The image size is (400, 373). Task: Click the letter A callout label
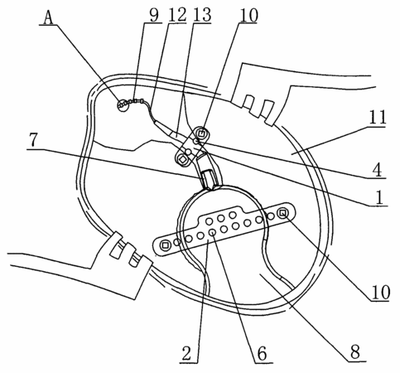49,18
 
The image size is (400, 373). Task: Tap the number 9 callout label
154,15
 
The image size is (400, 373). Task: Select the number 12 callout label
177,15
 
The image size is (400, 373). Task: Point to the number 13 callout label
202,15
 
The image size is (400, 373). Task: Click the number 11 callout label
378,117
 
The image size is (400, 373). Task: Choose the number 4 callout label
377,169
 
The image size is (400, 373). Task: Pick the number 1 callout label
380,197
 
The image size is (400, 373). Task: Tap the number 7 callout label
33,140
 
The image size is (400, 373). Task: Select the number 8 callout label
355,351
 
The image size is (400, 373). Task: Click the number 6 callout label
262,353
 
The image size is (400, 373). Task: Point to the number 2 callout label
186,353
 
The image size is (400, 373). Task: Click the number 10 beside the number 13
249,15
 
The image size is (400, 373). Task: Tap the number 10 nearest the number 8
381,292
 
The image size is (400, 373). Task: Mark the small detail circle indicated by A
123,105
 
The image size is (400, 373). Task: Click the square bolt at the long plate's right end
283,213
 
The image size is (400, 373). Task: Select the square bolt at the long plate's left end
165,245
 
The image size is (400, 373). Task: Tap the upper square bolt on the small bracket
201,133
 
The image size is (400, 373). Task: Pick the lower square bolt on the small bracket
182,159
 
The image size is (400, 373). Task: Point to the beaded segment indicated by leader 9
133,102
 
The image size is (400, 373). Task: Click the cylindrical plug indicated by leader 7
207,180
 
